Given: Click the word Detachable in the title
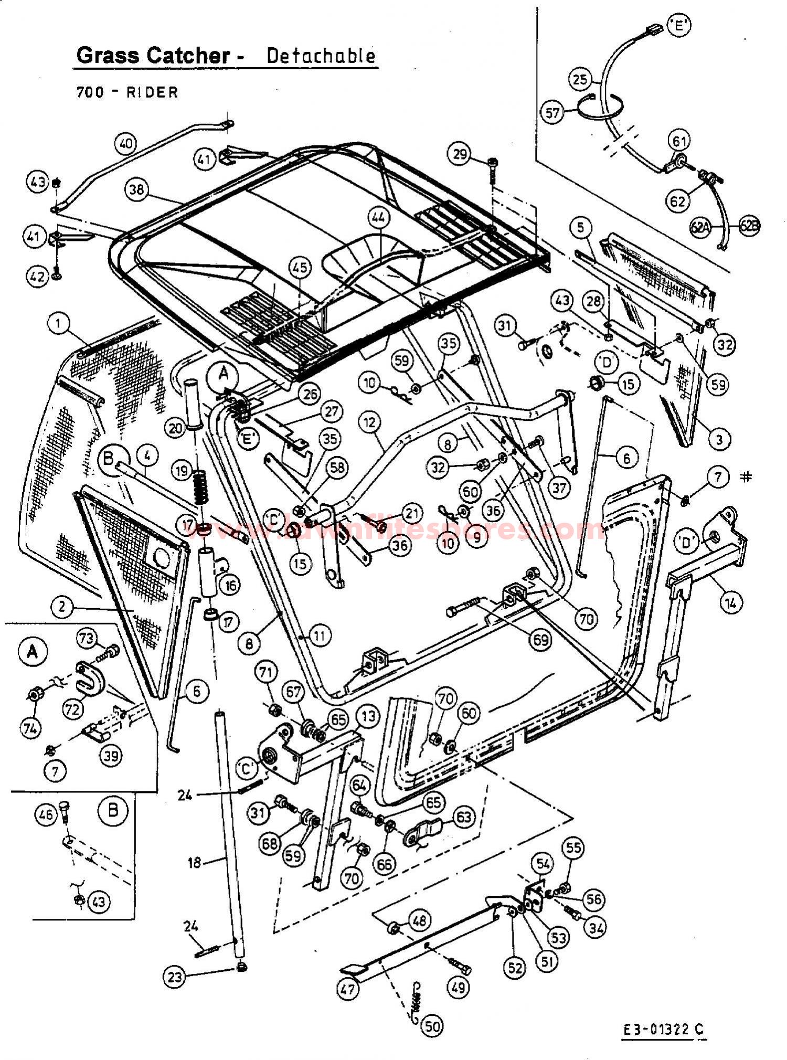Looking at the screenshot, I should click(321, 55).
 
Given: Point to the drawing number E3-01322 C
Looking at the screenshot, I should click(663, 1030).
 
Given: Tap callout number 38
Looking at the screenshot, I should click(137, 189).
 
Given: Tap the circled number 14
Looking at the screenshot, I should click(730, 603).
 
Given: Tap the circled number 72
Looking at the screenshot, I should click(72, 709).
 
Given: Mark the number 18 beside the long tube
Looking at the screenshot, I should click(195, 862).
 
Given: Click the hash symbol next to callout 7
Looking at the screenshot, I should click(746, 476).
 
